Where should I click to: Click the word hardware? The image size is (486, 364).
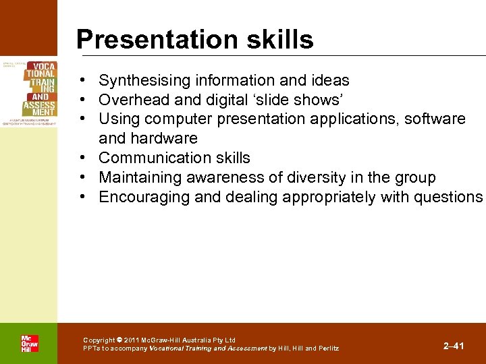165,138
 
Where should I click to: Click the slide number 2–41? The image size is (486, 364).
454,346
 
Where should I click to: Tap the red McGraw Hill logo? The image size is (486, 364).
29,344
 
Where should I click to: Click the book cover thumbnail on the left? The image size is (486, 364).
28,90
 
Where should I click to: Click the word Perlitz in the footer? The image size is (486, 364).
328,348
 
